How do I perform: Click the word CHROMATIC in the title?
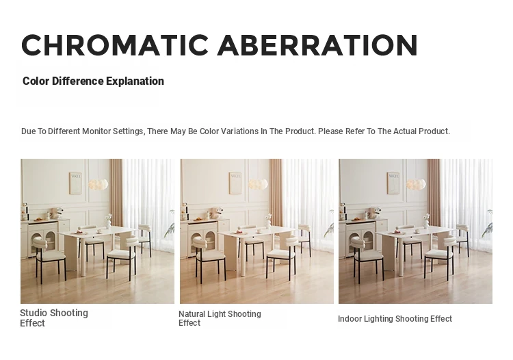[114, 45]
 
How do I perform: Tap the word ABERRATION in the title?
[317, 45]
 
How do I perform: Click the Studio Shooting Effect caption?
[54, 318]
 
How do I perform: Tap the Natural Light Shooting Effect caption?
[220, 318]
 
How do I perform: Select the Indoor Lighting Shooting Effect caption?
[395, 319]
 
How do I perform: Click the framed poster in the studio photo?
[75, 183]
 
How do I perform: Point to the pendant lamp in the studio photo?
[98, 184]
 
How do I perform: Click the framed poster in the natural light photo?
[235, 183]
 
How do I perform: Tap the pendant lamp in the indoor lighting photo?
[416, 184]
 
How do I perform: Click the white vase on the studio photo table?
[108, 224]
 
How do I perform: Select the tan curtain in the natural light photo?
[276, 193]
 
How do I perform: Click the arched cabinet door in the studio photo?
[51, 241]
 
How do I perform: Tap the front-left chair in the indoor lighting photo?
[367, 259]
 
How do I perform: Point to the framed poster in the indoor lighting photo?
[393, 183]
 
